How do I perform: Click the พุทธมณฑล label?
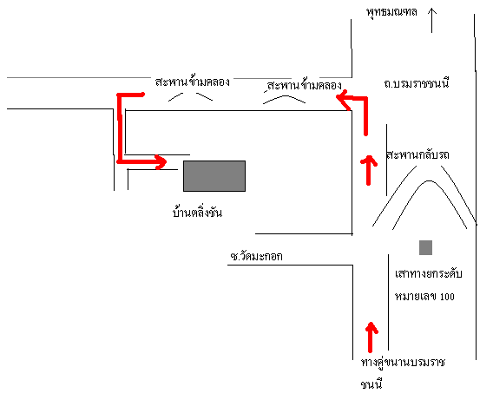pyautogui.click(x=391, y=12)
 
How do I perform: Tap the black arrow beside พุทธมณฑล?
pyautogui.click(x=431, y=21)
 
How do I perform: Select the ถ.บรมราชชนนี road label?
pyautogui.click(x=417, y=83)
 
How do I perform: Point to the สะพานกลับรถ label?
pyautogui.click(x=417, y=155)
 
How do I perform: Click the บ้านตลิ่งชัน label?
pyautogui.click(x=197, y=212)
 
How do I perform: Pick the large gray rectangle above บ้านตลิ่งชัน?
pyautogui.click(x=214, y=176)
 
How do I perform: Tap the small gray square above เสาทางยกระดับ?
pyautogui.click(x=425, y=247)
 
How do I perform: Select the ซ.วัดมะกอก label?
pyautogui.click(x=256, y=257)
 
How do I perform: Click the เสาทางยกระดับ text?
pyautogui.click(x=429, y=273)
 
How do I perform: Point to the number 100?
pyautogui.click(x=447, y=297)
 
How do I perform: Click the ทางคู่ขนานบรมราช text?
pyautogui.click(x=403, y=363)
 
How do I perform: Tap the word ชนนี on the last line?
pyautogui.click(x=371, y=384)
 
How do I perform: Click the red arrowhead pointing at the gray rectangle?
pyautogui.click(x=161, y=162)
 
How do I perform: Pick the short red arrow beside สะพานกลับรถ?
pyautogui.click(x=369, y=170)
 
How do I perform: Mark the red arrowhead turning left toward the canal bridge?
pyautogui.click(x=344, y=99)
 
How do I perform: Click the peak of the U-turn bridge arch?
pyautogui.click(x=429, y=181)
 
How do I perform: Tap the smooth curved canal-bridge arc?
pyautogui.click(x=284, y=96)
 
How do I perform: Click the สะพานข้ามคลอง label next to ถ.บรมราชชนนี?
pyautogui.click(x=304, y=85)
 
